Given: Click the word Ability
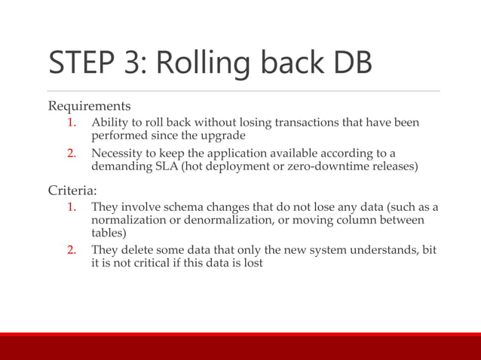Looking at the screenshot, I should pyautogui.click(x=109, y=123).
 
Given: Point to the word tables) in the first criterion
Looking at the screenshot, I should pyautogui.click(x=109, y=233).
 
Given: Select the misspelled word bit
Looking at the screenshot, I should pyautogui.click(x=429, y=250).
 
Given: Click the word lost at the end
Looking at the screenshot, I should pyautogui.click(x=252, y=264).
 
